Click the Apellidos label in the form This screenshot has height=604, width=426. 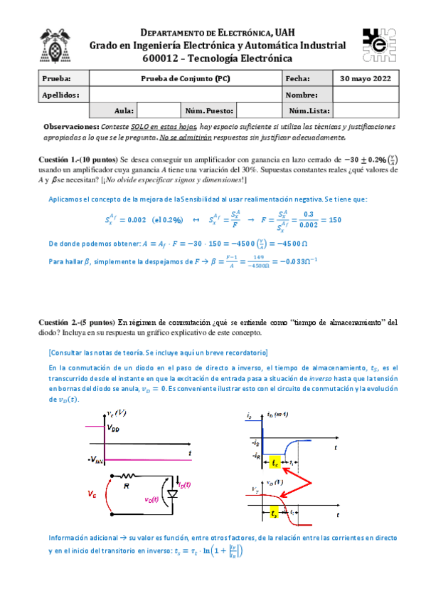click(x=60, y=95)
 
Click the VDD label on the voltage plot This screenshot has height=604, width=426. click(x=114, y=428)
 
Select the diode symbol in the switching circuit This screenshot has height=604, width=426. click(x=172, y=494)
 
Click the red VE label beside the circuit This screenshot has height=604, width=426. click(x=92, y=493)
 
